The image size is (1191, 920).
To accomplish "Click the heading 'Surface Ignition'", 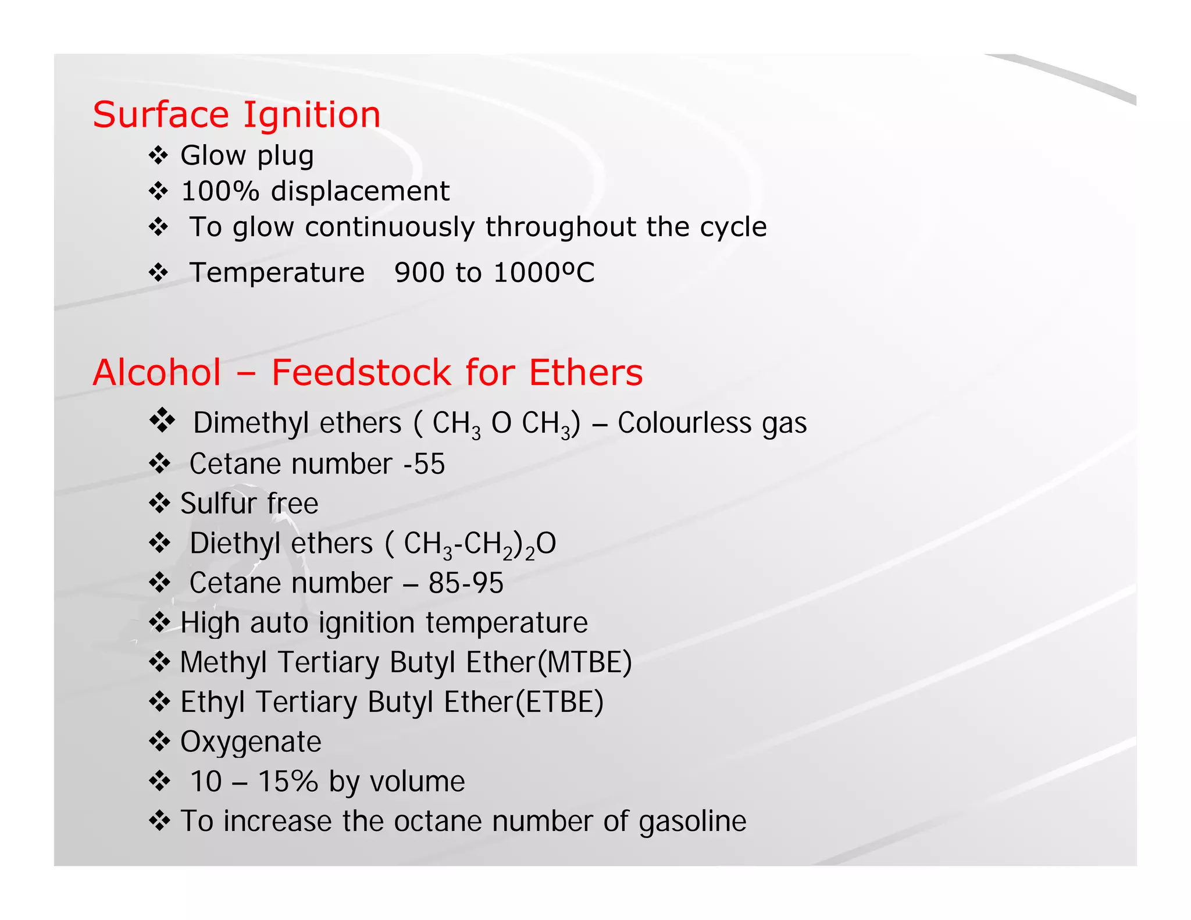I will click(x=237, y=115).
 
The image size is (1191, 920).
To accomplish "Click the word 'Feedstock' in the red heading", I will click(x=361, y=372).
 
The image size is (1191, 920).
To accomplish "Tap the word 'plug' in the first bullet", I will click(x=285, y=156).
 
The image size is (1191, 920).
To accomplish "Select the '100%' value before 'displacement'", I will click(x=220, y=191).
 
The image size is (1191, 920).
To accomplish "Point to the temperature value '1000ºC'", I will click(x=544, y=272).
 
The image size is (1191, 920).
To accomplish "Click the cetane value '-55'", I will click(x=424, y=464).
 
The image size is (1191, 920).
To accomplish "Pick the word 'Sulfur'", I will click(x=217, y=504).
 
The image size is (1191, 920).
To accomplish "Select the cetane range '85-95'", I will click(x=466, y=583).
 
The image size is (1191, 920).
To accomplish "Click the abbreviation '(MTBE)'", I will click(x=584, y=662).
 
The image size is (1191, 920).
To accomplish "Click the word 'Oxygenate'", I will click(x=251, y=742).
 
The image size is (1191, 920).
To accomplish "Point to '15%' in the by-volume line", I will click(x=288, y=782).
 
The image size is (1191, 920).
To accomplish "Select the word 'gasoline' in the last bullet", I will click(x=692, y=821).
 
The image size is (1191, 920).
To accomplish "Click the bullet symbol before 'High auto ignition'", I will click(x=159, y=622).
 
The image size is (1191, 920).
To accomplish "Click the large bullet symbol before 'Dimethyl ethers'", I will click(x=162, y=420).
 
